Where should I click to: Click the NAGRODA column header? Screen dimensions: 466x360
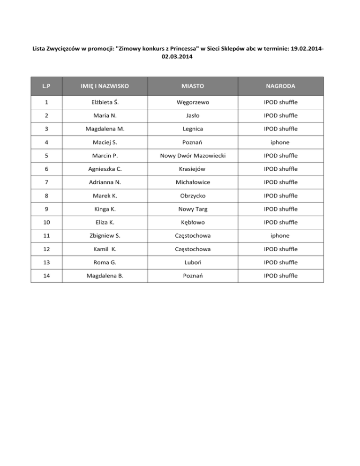(x=280, y=86)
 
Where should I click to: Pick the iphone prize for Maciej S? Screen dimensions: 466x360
(x=280, y=141)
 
